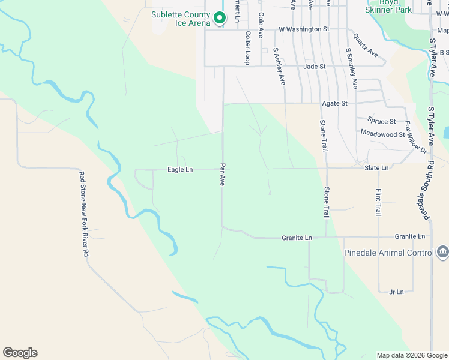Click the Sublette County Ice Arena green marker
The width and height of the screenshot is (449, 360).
tap(220, 19)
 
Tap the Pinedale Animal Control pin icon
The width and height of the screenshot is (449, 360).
tap(442, 252)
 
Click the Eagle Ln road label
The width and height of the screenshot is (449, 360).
tap(180, 170)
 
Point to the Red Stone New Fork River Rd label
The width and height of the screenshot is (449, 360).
tap(84, 214)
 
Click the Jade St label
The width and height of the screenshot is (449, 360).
tap(315, 67)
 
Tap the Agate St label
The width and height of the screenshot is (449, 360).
tap(335, 103)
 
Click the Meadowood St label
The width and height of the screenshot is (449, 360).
tap(382, 133)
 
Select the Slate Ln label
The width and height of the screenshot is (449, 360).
tap(376, 168)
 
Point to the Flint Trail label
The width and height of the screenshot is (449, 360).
tap(378, 202)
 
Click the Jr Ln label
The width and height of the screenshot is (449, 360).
tap(396, 292)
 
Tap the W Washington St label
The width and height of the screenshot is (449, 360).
tap(304, 29)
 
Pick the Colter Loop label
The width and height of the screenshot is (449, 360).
tap(247, 49)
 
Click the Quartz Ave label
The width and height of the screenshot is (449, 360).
tap(366, 45)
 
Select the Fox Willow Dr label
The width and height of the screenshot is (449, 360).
tap(415, 137)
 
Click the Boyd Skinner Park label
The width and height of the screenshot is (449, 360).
tap(388, 7)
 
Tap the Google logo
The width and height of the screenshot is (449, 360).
tap(20, 353)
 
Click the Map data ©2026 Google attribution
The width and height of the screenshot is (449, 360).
tap(412, 355)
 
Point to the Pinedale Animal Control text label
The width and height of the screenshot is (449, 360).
tap(388, 253)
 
